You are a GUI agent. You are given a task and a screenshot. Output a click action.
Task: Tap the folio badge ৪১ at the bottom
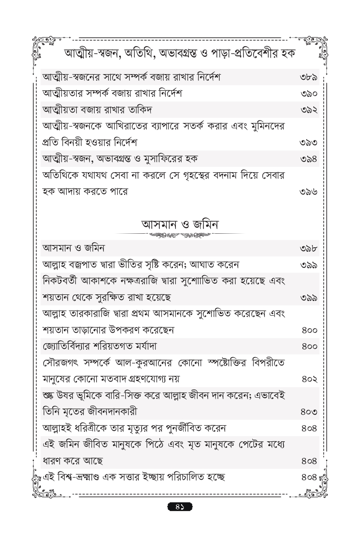(x=180, y=507)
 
